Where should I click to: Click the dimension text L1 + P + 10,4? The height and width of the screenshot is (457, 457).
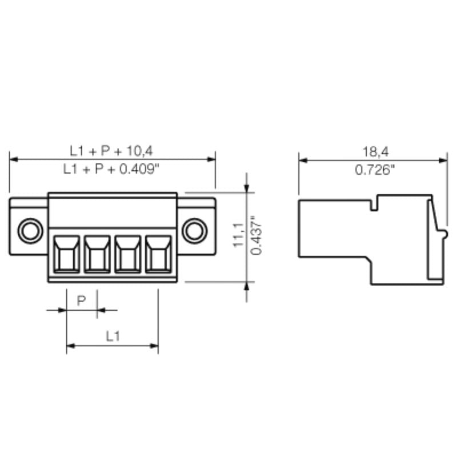(x=111, y=151)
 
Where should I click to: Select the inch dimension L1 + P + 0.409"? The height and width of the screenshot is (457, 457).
(x=111, y=169)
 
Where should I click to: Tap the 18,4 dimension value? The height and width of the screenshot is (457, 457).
(x=374, y=151)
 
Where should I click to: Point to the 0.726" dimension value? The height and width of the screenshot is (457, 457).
(x=374, y=170)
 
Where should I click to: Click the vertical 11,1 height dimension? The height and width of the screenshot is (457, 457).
(x=238, y=235)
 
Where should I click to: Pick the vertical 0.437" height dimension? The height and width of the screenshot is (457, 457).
(x=256, y=235)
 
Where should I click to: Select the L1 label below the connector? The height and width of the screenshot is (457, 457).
(x=113, y=336)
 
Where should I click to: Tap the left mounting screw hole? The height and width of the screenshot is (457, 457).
(x=29, y=231)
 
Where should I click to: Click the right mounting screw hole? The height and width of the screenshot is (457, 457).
(x=194, y=231)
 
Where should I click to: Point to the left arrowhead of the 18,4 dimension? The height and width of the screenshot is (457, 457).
(x=303, y=160)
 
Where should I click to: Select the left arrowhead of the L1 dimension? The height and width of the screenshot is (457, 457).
(x=70, y=345)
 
